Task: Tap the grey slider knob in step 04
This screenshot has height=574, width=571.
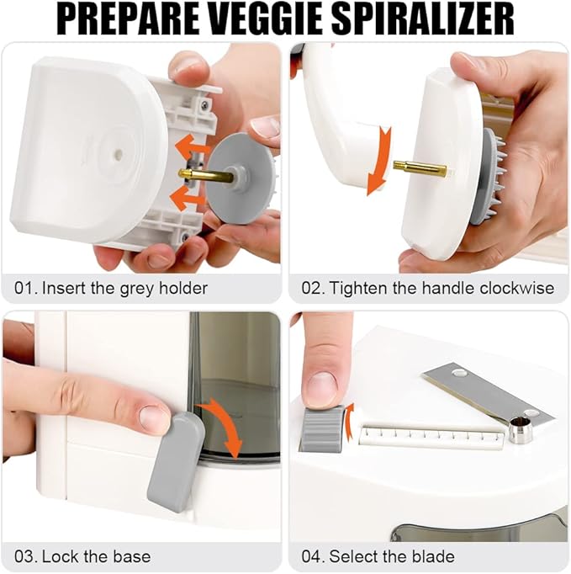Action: (322, 429)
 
